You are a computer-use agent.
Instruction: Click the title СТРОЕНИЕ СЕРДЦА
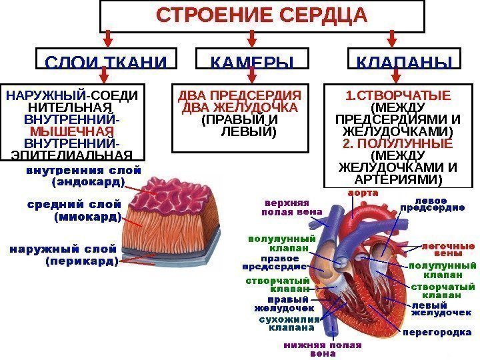click(261, 15)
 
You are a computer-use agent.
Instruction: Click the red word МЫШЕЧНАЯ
click(72, 131)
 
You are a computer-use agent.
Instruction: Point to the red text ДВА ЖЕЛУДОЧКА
click(240, 107)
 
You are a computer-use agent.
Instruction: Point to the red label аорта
click(362, 193)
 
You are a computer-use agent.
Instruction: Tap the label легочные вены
click(447, 249)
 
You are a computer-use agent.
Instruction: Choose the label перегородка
click(437, 332)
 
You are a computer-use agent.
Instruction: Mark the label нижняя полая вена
click(323, 349)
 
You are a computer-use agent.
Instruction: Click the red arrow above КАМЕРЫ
click(253, 39)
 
